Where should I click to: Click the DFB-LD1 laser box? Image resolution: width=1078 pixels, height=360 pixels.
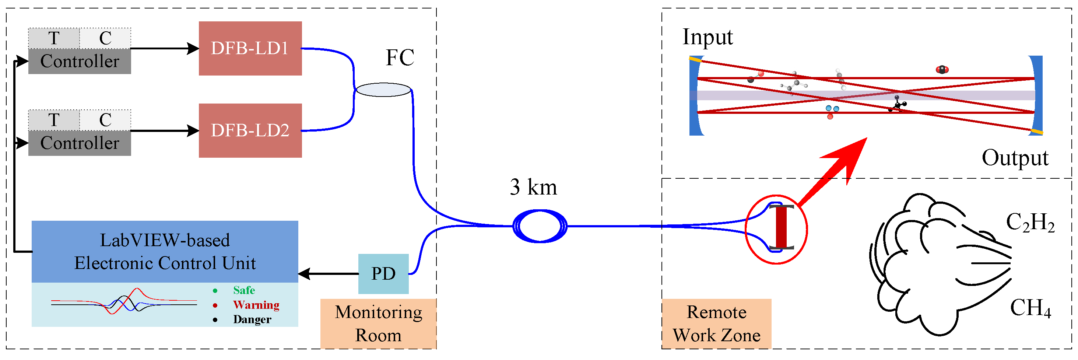250,48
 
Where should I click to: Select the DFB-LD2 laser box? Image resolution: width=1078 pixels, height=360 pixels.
250,130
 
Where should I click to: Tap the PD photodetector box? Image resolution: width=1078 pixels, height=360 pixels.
383,273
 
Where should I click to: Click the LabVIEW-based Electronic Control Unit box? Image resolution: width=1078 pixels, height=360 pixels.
165,251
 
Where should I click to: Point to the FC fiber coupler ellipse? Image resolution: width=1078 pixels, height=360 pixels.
383,90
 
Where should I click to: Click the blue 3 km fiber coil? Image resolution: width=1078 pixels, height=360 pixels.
540,226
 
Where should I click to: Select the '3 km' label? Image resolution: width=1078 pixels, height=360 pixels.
533,187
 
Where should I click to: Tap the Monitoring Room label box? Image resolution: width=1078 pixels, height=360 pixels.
378,323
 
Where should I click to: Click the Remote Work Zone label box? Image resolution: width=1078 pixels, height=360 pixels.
716,323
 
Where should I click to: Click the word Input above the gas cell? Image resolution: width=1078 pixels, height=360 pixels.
707,37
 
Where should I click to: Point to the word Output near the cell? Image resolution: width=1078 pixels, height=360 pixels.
1014,158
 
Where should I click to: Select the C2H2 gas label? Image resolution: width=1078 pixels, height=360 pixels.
1030,222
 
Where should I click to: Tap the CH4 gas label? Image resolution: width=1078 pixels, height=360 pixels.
1030,308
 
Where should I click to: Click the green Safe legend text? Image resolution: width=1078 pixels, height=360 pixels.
244,290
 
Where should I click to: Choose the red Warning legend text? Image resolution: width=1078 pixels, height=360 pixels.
256,305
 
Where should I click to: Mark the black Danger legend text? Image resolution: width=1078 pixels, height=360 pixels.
252,319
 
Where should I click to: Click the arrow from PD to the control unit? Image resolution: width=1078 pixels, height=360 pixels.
329,274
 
